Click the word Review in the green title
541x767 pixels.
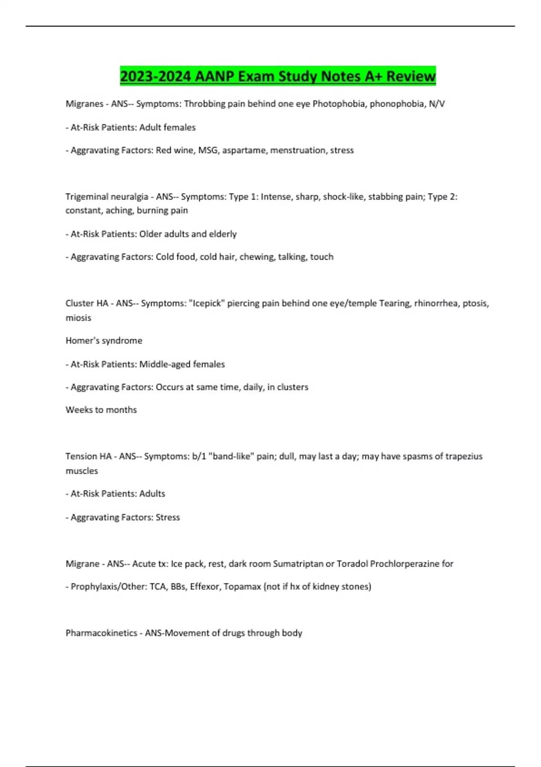coord(411,76)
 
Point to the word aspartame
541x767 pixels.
coord(244,150)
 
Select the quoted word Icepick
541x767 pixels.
coord(207,303)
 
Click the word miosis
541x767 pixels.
coord(78,318)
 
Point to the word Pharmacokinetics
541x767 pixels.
coord(101,633)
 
